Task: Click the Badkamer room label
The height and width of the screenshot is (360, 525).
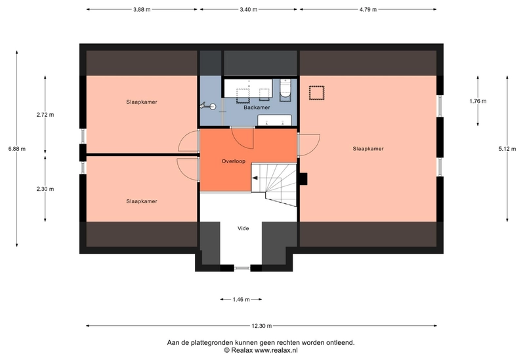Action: click(x=257, y=108)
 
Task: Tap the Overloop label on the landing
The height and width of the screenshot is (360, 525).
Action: click(x=234, y=161)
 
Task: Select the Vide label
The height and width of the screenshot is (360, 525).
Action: click(x=243, y=228)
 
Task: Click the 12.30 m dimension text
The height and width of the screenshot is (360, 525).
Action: click(x=261, y=325)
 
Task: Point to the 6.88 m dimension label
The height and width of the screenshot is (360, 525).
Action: click(x=17, y=149)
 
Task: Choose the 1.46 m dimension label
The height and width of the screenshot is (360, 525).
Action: click(x=241, y=300)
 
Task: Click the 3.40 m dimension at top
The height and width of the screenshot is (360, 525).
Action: click(x=249, y=9)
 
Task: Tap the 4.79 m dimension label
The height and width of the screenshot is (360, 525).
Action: click(x=368, y=9)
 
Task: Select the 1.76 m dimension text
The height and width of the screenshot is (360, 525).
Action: click(x=478, y=101)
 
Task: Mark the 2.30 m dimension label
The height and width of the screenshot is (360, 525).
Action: click(x=45, y=189)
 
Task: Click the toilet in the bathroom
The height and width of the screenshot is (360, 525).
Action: click(x=285, y=90)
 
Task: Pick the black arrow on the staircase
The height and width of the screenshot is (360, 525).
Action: click(x=255, y=178)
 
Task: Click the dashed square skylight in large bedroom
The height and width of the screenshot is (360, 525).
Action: click(x=316, y=92)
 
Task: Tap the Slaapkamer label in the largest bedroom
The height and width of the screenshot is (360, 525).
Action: click(x=368, y=149)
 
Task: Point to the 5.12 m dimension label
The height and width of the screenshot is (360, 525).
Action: click(x=507, y=149)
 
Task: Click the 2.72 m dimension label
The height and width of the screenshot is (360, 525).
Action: click(x=45, y=115)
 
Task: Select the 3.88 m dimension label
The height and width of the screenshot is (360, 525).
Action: click(x=142, y=9)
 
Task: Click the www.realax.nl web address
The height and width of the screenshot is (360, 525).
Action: click(x=276, y=350)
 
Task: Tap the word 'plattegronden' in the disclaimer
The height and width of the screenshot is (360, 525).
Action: click(x=211, y=342)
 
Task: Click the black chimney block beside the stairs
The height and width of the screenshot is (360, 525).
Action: click(x=303, y=178)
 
